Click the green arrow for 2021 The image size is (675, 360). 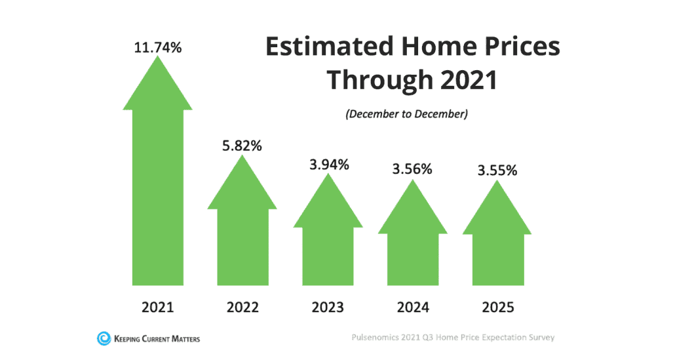click(157, 190)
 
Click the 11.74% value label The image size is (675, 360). click(157, 47)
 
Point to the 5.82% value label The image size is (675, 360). click(242, 146)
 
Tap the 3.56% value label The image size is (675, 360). click(412, 169)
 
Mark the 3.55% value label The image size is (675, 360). click(497, 170)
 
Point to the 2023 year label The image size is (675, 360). click(328, 306)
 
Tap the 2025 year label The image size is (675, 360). click(497, 306)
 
